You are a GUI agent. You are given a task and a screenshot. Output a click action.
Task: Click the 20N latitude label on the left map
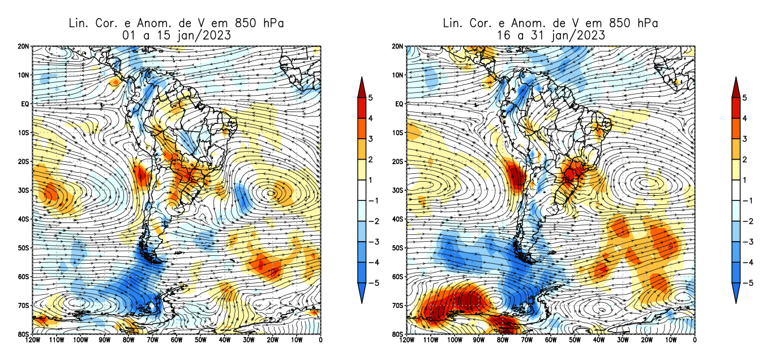24,46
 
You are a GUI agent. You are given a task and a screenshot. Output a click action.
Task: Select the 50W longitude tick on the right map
574,340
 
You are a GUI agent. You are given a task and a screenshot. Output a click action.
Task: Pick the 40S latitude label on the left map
24,219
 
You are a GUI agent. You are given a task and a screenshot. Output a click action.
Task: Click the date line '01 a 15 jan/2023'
175,35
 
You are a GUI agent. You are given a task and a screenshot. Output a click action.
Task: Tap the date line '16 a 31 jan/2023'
550,35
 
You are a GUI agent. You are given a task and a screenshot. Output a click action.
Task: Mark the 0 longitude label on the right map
695,340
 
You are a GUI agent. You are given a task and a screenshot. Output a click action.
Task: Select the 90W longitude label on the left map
104,340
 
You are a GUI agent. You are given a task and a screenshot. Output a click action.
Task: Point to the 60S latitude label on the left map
24,277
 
